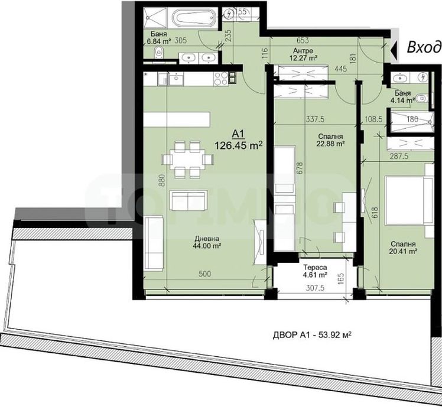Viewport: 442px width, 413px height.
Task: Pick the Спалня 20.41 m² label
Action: coord(402,247)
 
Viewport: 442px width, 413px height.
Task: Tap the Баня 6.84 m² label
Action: coord(160,38)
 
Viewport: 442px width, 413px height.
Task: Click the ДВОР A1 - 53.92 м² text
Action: coord(311,334)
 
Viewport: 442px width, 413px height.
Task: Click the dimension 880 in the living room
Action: coord(160,180)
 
